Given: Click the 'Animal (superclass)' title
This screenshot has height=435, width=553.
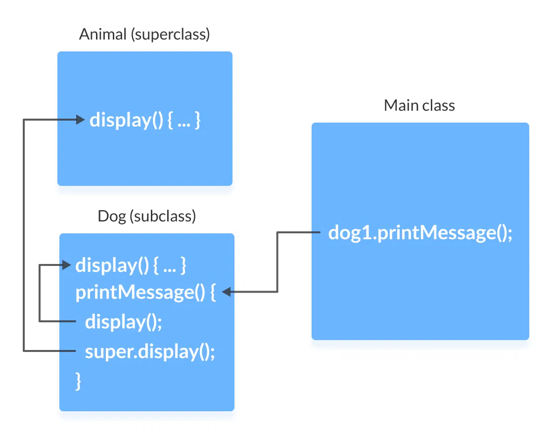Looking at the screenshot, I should click(144, 35).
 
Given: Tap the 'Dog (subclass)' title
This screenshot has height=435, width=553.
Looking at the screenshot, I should click(147, 216).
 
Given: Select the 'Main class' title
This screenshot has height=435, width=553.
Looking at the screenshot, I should click(419, 105).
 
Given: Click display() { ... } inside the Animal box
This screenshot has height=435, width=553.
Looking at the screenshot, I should click(144, 120).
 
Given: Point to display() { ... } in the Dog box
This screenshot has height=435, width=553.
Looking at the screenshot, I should click(131, 265).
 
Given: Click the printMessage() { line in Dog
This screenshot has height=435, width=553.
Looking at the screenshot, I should click(145, 293).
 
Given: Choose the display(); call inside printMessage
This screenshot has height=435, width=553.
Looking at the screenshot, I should click(124, 322).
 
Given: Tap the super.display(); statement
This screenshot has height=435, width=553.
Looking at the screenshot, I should click(150, 351).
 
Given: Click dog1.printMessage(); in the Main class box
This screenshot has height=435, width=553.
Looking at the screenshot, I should click(420, 232).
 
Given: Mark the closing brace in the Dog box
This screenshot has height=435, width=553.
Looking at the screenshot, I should click(78, 381).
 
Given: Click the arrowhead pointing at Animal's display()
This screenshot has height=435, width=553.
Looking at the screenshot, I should click(80, 119).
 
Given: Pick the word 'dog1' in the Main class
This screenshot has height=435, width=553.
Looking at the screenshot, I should click(349, 232).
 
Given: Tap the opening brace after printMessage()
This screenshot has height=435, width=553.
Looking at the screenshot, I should click(213, 293).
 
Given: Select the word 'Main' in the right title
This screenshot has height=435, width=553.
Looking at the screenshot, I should click(400, 105).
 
